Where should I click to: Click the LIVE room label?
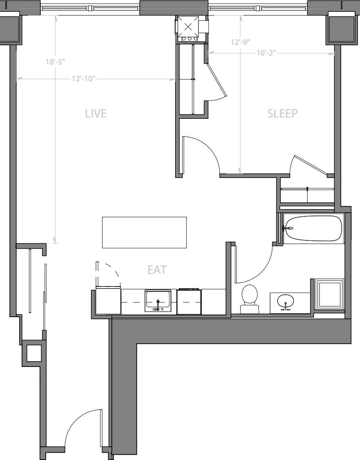(x=96, y=113)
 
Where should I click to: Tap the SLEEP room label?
(x=282, y=113)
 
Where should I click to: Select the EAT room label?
(x=157, y=269)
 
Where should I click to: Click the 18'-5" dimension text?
(x=56, y=62)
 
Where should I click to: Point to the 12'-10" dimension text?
(x=84, y=79)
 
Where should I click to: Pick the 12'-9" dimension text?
(x=240, y=42)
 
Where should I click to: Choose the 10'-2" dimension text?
(x=267, y=53)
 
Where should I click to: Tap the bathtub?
(x=313, y=228)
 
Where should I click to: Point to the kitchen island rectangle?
(x=144, y=232)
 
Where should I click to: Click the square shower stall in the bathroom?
(x=330, y=294)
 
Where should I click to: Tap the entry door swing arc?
(x=78, y=424)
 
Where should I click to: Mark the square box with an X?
(x=188, y=27)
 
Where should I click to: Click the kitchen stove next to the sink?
(x=189, y=302)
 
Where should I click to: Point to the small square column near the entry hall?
(x=34, y=353)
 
